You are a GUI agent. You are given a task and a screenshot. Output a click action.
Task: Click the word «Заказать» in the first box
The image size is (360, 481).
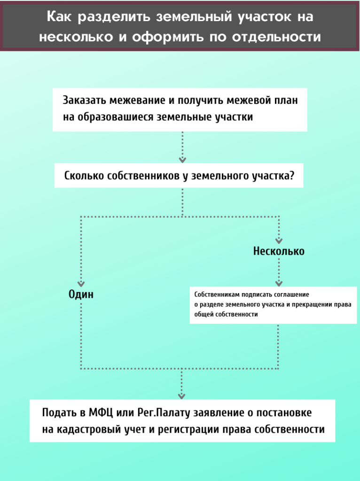(x=84, y=101)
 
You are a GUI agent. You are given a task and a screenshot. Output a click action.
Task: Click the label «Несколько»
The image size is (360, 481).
(x=279, y=251)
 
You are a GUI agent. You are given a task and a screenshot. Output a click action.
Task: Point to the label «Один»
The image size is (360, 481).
(x=81, y=295)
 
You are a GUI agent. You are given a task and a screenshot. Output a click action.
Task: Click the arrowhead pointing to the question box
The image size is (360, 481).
(x=182, y=159)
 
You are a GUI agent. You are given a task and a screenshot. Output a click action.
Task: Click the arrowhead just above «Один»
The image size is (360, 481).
(x=81, y=283)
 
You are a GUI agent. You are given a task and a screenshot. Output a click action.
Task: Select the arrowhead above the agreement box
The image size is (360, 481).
(x=279, y=283)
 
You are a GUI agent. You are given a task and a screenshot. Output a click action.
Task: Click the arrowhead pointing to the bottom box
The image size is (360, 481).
(x=182, y=396)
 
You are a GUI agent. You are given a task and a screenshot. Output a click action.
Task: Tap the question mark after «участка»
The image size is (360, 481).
(x=292, y=176)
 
